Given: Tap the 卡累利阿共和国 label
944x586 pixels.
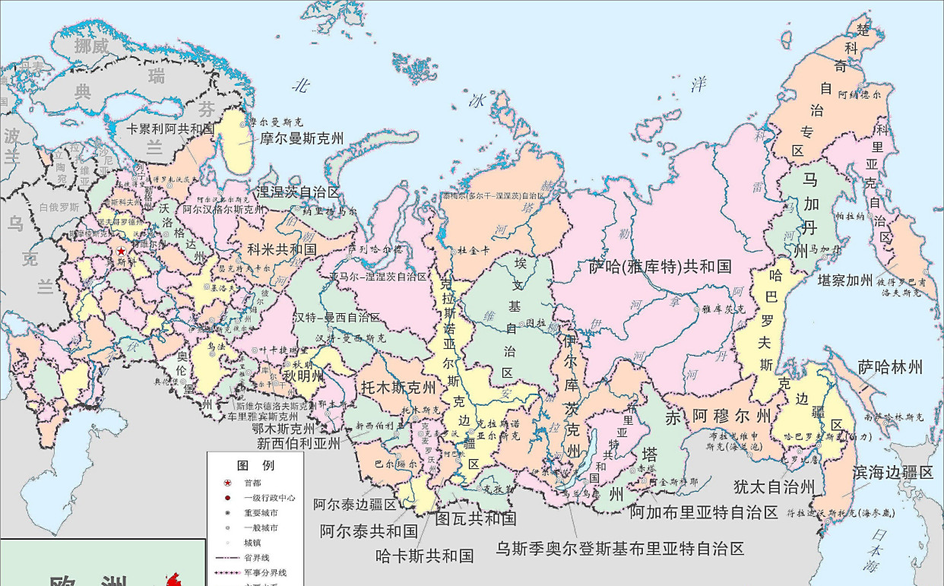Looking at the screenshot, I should [x=170, y=129].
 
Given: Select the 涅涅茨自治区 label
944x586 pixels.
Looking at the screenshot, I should [x=297, y=192].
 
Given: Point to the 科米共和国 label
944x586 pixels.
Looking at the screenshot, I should [x=282, y=249].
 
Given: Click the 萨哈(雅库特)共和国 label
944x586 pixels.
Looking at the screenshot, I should [x=660, y=267].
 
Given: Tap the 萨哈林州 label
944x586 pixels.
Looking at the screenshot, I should [x=890, y=368].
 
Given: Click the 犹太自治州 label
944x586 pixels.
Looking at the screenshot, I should [x=774, y=486].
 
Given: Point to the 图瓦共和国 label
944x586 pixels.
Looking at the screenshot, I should [x=476, y=518].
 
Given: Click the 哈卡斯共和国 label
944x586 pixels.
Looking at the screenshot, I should [x=424, y=556].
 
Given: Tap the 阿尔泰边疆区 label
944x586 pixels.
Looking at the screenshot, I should [x=355, y=504].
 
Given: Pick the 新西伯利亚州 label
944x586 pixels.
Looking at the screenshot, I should [x=297, y=443].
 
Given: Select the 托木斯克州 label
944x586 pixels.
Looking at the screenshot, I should [x=398, y=386].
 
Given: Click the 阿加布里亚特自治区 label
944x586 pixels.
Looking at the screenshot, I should [x=704, y=512].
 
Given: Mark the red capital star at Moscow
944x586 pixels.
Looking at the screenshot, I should [x=120, y=251].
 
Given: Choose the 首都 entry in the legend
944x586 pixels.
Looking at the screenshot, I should [x=252, y=483].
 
